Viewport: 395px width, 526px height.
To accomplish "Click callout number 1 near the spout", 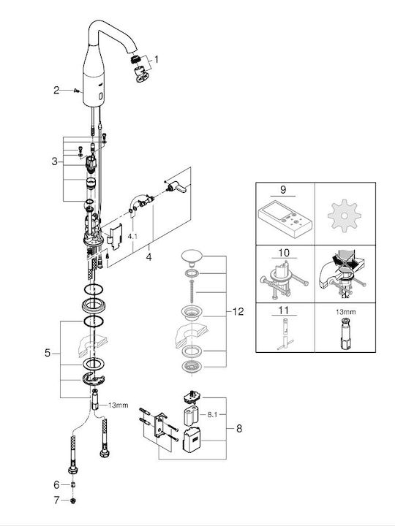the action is pos(157,60).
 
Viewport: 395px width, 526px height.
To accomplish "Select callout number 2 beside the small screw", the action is pos(56,91).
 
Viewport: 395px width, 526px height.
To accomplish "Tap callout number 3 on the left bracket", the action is pos(54,161).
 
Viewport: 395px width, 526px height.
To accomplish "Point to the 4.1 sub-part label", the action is pos(132,237).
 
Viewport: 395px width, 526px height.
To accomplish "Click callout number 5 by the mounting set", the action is pos(48,353).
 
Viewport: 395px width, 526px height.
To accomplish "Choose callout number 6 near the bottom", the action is pos(56,485).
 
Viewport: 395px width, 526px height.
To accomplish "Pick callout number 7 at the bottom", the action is pos(56,500).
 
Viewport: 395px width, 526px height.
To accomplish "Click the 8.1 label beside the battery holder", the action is pos(212,415).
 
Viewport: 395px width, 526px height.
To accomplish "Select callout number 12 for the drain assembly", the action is pos(238,312).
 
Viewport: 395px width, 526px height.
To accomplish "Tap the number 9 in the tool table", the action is pos(283,189).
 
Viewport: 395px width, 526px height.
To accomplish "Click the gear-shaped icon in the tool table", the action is pos(345,216).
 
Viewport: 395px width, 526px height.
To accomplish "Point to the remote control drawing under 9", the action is pos(285,219).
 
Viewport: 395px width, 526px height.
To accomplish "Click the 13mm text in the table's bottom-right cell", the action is pos(345,312).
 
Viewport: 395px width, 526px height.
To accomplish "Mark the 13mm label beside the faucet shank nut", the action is pos(118,405).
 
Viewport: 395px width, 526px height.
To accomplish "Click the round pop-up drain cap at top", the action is pos(190,256).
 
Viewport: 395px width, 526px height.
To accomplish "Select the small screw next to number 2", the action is pos(76,91).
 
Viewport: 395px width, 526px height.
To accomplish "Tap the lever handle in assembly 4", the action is pos(177,187).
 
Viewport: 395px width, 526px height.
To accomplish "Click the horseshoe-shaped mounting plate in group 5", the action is pos(94,378).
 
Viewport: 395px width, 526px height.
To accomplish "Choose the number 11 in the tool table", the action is pos(284,310).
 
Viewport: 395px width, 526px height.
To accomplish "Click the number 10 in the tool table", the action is pos(284,253).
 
